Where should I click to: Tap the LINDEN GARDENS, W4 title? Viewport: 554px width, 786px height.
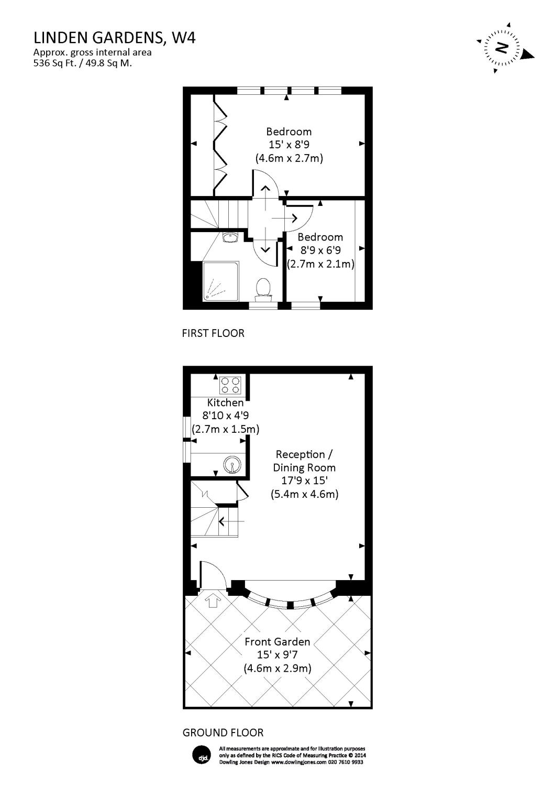click(115, 38)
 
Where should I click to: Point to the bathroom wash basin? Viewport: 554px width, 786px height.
click(230, 238)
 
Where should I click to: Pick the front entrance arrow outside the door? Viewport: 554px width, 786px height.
click(213, 600)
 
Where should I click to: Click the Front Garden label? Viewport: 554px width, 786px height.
click(277, 641)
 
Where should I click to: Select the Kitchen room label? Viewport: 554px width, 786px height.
click(225, 402)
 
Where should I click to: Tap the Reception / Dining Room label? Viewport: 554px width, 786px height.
click(304, 461)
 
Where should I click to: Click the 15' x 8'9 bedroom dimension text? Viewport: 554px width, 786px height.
click(289, 145)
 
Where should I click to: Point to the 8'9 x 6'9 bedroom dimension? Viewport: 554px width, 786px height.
click(320, 250)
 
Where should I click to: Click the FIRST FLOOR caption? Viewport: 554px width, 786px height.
click(213, 333)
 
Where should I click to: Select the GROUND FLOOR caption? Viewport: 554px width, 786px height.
click(223, 733)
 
